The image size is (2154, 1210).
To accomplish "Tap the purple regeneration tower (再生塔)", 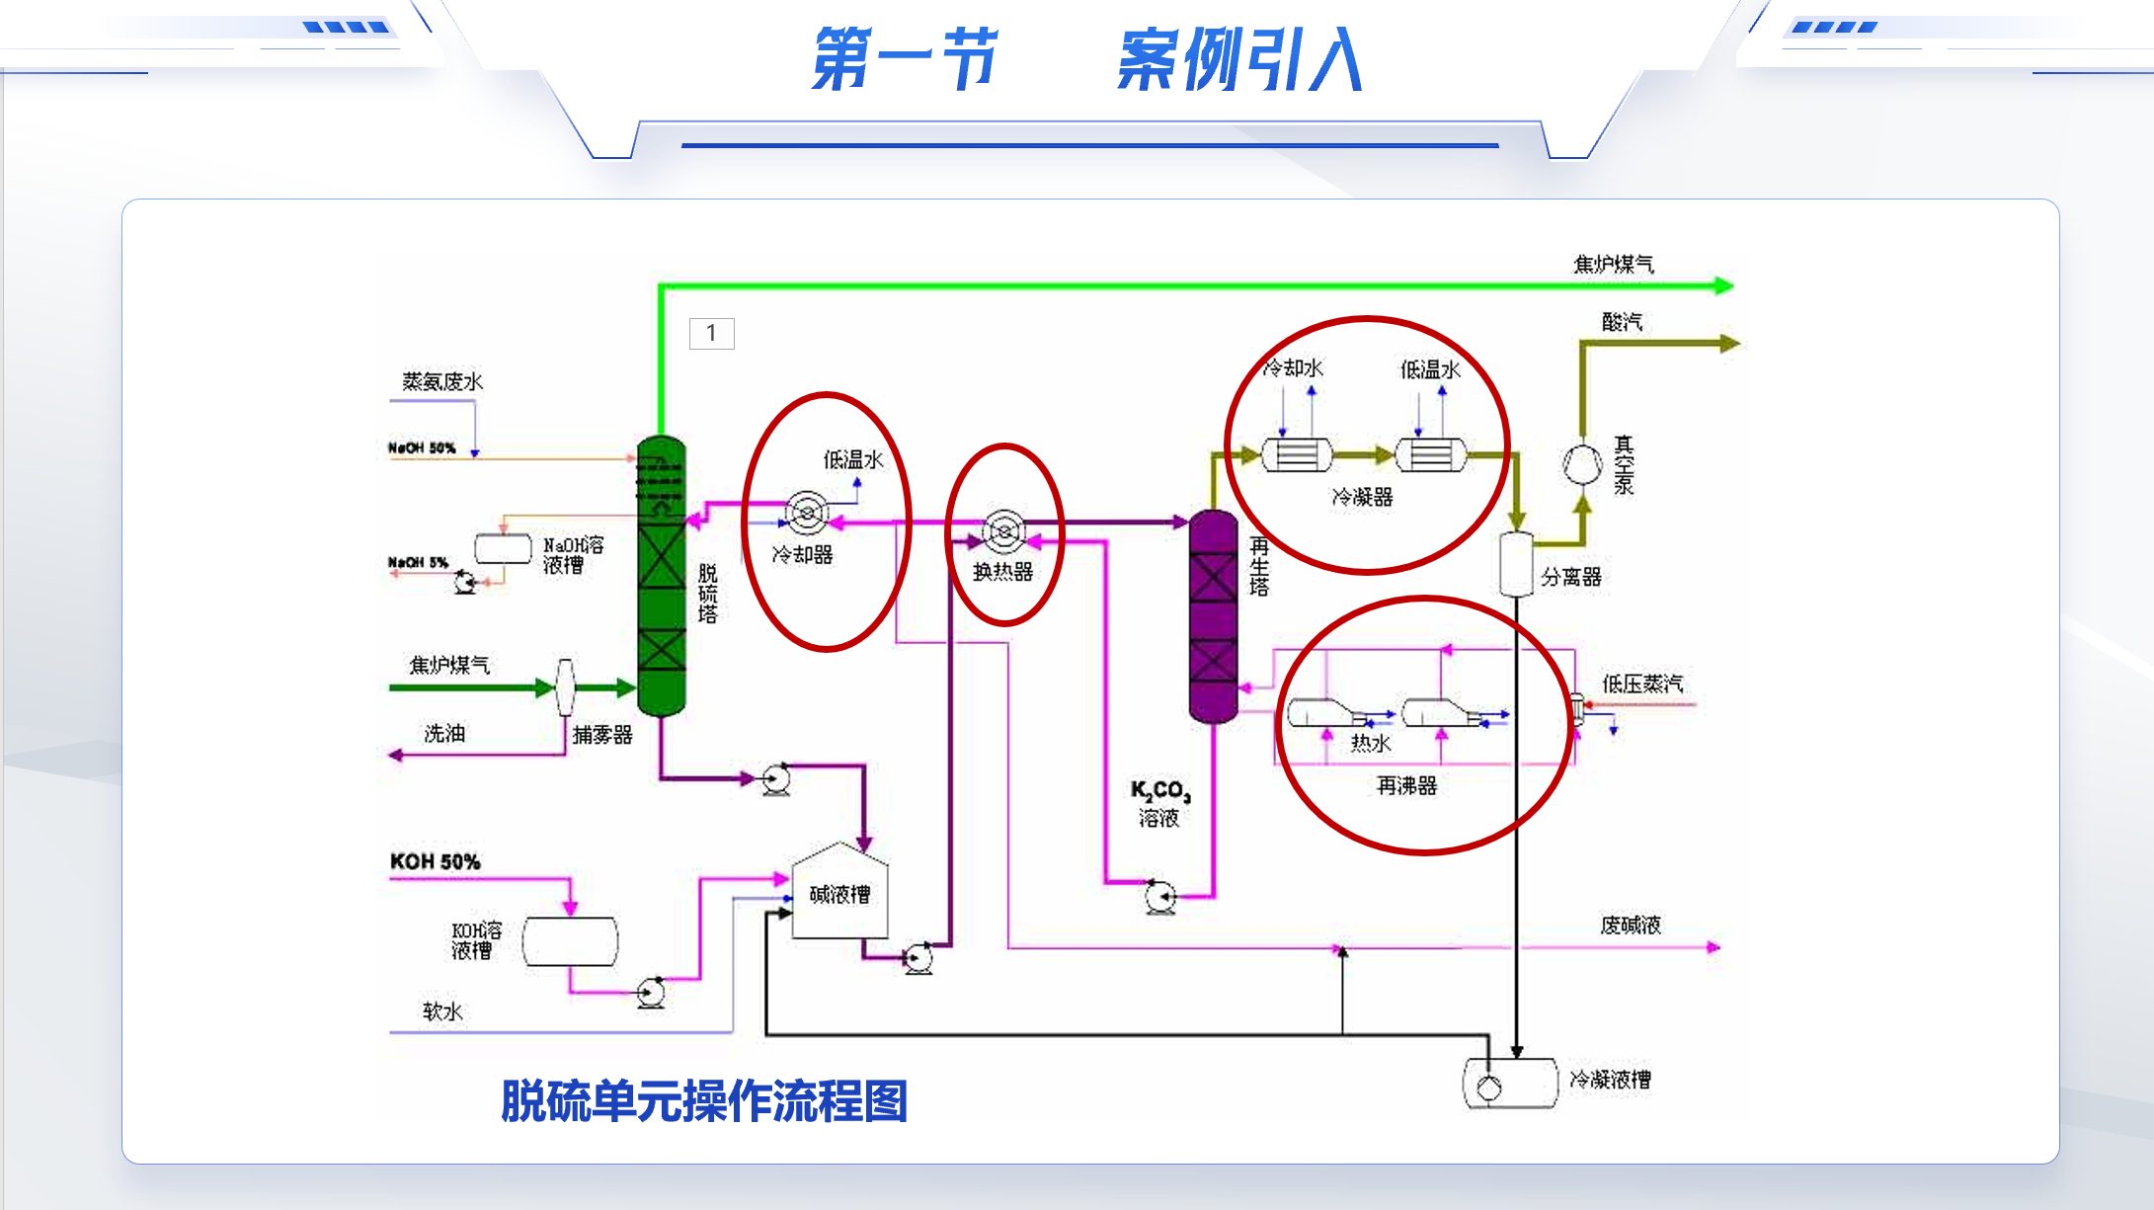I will point(1213,617).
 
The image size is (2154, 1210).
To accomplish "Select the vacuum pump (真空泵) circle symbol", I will point(1581,464).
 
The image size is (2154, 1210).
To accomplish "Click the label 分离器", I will point(1570,577).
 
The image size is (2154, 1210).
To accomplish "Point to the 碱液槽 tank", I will point(839,894).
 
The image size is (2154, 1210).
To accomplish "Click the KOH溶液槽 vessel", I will point(570,940).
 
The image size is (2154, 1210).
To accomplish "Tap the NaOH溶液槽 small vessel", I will point(503,548).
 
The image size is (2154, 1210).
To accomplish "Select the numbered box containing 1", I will point(711,333).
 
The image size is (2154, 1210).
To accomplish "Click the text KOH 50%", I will point(435,861).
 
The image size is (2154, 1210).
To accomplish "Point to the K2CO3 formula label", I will point(1160,790).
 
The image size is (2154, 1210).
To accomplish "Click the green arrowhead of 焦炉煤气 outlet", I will point(1724,286).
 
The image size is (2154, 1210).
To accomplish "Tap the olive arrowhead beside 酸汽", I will point(1729,344).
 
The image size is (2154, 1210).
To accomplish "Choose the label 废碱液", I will point(1631,925).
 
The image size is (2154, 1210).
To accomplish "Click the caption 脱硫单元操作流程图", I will point(704,1100).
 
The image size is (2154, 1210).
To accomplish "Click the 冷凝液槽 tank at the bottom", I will point(1509,1084).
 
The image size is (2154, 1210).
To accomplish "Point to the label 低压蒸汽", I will point(1641,684).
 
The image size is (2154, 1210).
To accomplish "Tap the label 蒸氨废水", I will point(442,381).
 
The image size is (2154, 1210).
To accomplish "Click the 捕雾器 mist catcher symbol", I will point(565,686).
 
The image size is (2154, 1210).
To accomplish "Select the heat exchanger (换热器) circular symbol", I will point(1004,531).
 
